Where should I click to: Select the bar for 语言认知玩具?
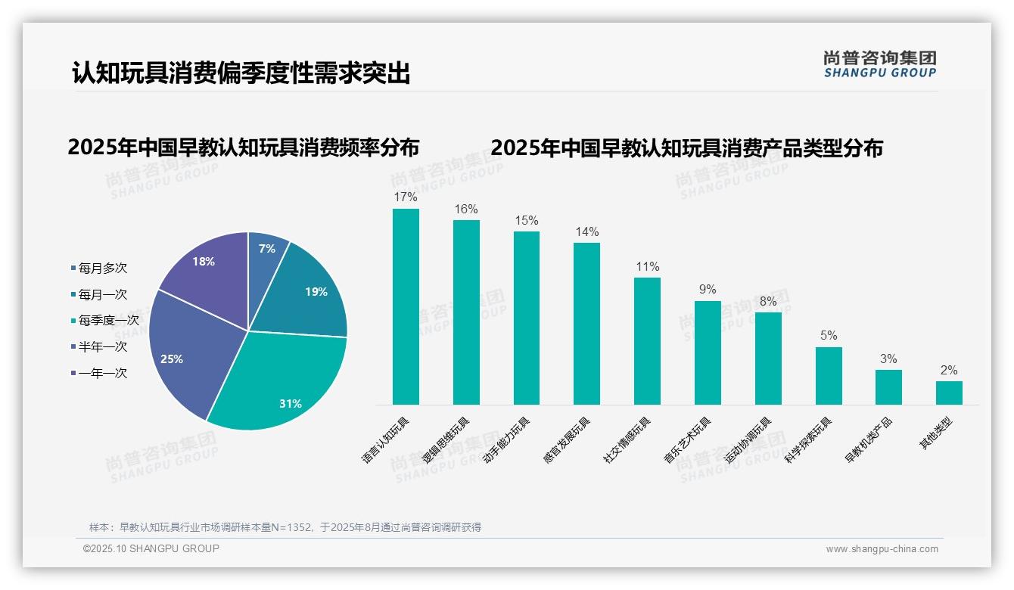(x=406, y=306)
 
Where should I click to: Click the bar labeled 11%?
(x=647, y=340)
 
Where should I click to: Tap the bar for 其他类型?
(x=949, y=393)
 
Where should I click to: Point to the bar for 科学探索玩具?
(x=829, y=376)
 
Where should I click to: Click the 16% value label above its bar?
(x=466, y=209)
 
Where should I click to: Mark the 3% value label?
(x=888, y=359)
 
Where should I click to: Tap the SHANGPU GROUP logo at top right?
(x=879, y=64)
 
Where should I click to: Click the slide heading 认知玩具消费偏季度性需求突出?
(x=241, y=73)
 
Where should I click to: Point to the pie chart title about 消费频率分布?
(x=243, y=147)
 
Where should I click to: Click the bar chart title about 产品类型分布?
(x=686, y=147)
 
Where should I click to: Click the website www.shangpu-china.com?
(x=882, y=549)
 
